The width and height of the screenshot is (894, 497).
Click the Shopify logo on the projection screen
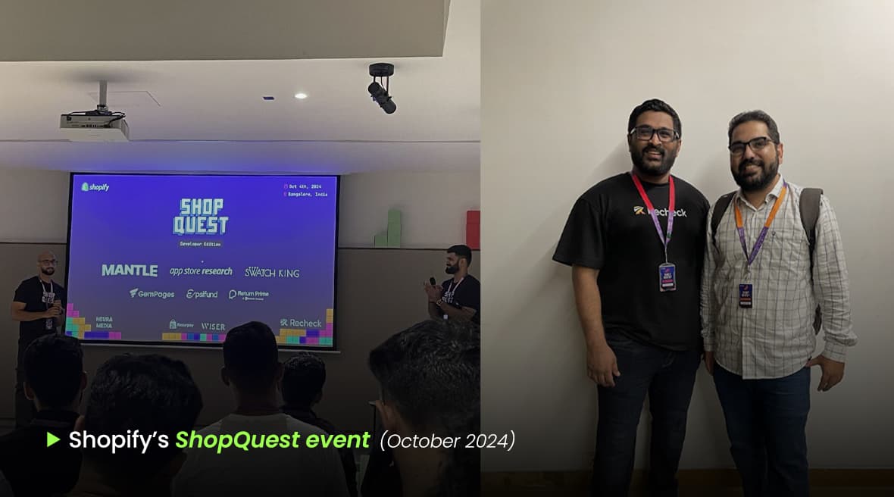click(95, 186)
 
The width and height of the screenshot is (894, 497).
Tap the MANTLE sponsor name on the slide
click(130, 270)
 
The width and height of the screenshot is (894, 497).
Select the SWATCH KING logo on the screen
click(271, 272)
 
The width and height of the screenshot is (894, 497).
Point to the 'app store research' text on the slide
click(201, 271)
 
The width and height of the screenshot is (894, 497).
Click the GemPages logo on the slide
click(152, 293)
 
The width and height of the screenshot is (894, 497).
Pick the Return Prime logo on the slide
click(249, 294)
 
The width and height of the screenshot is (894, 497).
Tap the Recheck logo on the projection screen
click(301, 323)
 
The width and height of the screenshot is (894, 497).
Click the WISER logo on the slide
click(213, 327)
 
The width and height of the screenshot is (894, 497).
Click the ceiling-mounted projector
click(95, 126)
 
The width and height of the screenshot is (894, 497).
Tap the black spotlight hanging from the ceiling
click(381, 89)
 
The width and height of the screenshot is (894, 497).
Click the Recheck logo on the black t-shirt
click(660, 211)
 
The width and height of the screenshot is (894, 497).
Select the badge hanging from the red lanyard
click(667, 277)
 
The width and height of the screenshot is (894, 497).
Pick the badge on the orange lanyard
click(746, 295)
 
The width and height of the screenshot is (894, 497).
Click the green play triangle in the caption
click(53, 439)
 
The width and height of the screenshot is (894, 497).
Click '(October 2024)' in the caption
click(447, 439)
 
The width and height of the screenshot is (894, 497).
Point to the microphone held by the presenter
click(433, 283)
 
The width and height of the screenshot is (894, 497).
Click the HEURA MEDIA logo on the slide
click(104, 323)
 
